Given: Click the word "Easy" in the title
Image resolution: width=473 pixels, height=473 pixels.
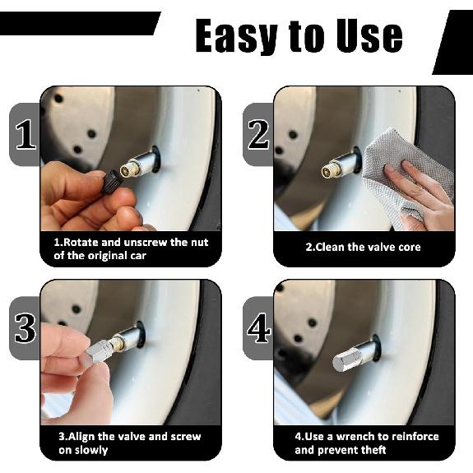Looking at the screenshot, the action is click(236, 36).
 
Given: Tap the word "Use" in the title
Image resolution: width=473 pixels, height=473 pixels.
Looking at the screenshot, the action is click(369, 36).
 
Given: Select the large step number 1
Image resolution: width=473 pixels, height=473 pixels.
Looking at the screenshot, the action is click(26, 135).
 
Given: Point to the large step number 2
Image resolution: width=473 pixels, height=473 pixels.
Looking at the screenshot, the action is click(258, 135).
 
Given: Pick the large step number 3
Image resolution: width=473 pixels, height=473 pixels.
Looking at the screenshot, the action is click(26, 328).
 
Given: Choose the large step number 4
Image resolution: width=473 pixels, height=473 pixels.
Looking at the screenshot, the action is click(258, 328).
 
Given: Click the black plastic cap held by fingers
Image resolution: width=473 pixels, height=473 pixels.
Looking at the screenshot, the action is click(111, 183).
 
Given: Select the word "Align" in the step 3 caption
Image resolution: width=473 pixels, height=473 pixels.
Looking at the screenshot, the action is click(81, 437).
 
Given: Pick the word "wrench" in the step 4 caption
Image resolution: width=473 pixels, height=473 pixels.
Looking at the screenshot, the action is click(355, 437).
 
